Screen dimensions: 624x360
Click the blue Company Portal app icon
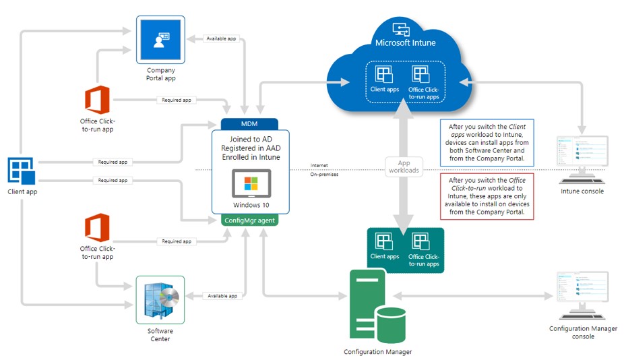160,40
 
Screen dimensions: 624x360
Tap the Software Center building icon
160,300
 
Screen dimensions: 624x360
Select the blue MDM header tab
249,124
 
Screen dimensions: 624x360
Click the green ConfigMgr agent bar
249,220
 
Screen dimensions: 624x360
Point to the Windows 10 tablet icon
251,183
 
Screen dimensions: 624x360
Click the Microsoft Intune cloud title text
406,42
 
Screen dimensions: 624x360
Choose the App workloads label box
404,167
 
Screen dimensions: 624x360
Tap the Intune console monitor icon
582,160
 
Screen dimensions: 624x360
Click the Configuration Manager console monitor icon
583,295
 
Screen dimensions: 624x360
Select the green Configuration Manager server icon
377,306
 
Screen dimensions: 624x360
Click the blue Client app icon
22,171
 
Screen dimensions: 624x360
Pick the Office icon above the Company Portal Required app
97,100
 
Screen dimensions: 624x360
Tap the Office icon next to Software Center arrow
97,227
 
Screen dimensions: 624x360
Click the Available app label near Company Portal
221,38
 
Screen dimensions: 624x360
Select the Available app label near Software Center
222,296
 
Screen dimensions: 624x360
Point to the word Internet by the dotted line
319,165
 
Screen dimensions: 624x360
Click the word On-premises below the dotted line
324,175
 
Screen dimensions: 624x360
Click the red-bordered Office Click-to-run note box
487,196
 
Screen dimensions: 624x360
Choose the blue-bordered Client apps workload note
487,142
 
